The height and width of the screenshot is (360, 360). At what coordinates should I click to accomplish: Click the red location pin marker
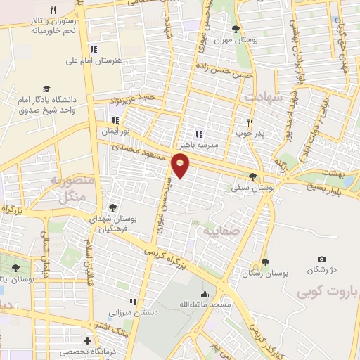click(x=181, y=165)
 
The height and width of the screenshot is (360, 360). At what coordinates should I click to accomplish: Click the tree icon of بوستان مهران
click(x=235, y=29)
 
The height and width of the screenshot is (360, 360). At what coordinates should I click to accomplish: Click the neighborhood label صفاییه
click(x=221, y=231)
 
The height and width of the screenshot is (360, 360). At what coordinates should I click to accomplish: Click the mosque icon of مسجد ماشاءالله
click(x=205, y=294)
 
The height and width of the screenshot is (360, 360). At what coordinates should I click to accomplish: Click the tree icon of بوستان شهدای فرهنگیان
click(x=112, y=207)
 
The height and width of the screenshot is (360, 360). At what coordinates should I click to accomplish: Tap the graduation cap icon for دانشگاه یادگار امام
click(x=46, y=89)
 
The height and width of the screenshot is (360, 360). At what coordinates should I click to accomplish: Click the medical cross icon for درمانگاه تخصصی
click(x=86, y=340)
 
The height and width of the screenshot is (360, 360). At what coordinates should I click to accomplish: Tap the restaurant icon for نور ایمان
click(x=115, y=120)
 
